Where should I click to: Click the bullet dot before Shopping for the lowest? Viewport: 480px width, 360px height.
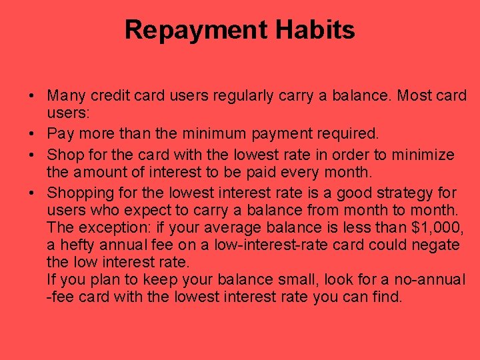pyautogui.click(x=32, y=193)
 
